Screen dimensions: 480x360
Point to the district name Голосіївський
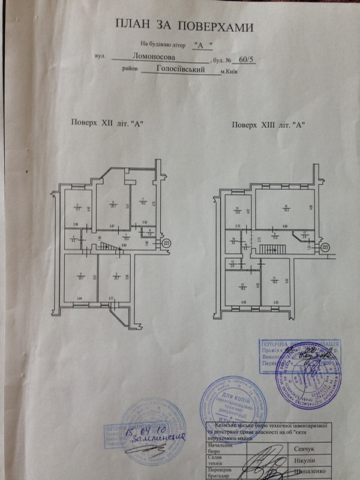179,70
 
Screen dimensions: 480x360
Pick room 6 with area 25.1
113,206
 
